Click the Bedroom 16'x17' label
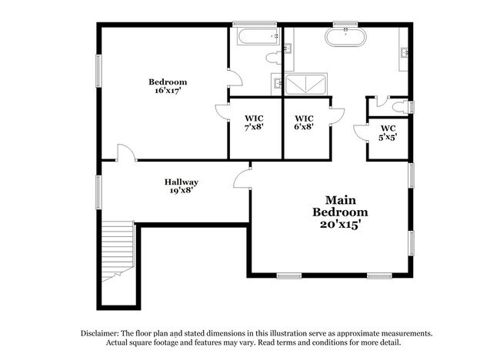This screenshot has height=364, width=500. click(x=168, y=85)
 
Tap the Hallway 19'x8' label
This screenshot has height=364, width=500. click(x=181, y=186)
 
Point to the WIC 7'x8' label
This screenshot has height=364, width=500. click(x=255, y=122)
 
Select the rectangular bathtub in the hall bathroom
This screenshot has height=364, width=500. click(x=253, y=37)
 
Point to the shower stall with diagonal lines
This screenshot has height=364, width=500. click(x=305, y=82)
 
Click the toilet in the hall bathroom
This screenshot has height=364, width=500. click(x=273, y=58)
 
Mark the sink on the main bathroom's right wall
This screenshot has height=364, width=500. click(x=405, y=53)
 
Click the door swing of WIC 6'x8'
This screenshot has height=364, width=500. click(x=336, y=114)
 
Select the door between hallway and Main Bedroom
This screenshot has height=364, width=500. click(x=243, y=179)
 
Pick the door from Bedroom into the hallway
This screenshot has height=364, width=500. click(x=125, y=153)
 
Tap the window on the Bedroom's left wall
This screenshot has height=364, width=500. click(x=98, y=70)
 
